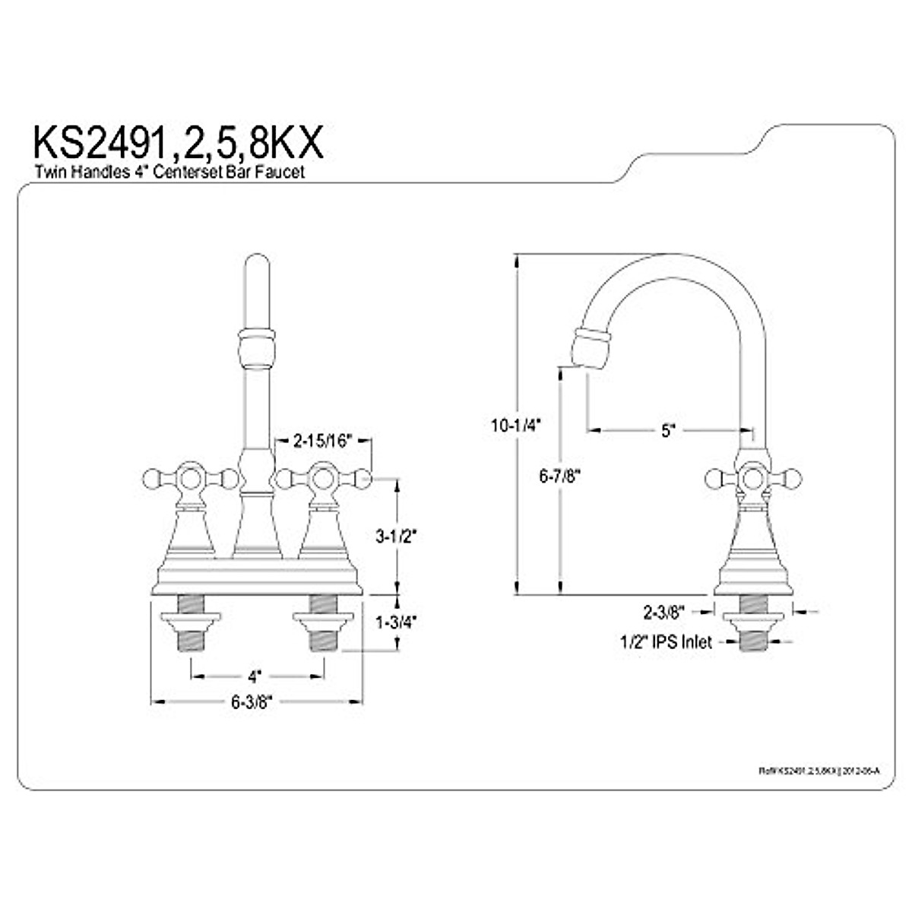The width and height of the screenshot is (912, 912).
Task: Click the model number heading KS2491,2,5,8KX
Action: coord(178,142)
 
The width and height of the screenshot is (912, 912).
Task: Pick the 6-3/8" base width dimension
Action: coord(252,702)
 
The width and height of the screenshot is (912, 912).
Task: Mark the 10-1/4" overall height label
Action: coord(515,426)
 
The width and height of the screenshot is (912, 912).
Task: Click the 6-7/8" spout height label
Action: coord(559,477)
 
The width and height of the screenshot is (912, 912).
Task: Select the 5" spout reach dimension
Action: coord(667,430)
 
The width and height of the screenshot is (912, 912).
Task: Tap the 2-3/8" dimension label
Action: coord(664,610)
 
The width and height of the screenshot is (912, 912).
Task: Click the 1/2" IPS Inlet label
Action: coord(665,642)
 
